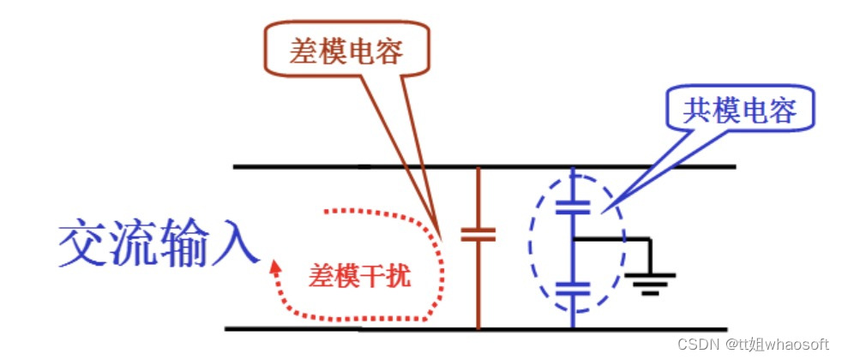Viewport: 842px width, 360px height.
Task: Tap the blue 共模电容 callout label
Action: tap(739, 111)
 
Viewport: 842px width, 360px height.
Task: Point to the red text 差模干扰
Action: tap(359, 277)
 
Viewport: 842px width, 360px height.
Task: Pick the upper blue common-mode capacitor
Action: tap(573, 207)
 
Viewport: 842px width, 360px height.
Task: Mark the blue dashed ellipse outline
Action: tap(533, 249)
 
